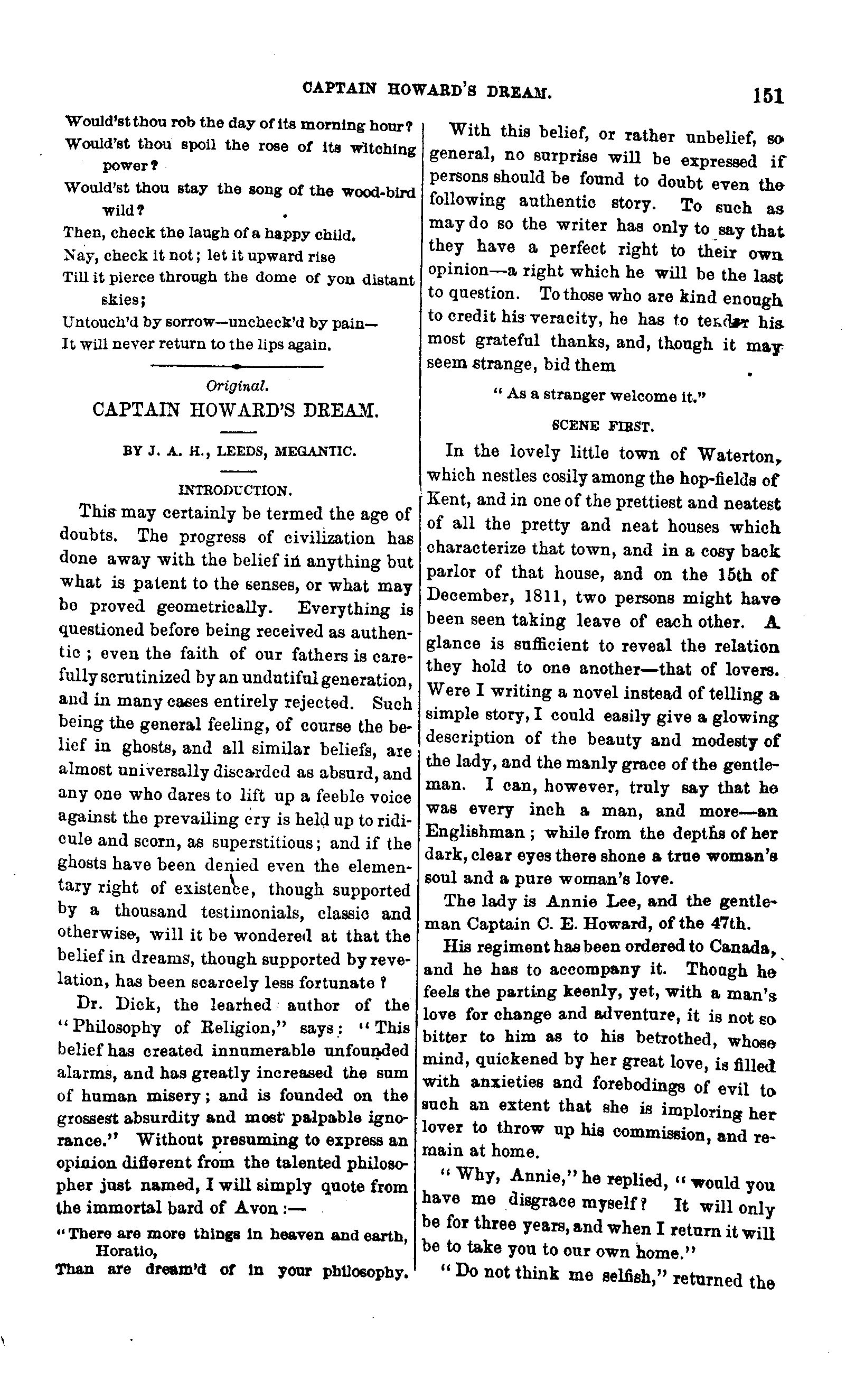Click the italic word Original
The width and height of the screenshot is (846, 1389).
237,386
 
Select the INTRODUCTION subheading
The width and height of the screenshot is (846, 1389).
235,490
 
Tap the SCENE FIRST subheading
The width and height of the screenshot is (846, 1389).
603,426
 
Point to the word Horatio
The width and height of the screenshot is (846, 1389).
125,1251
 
